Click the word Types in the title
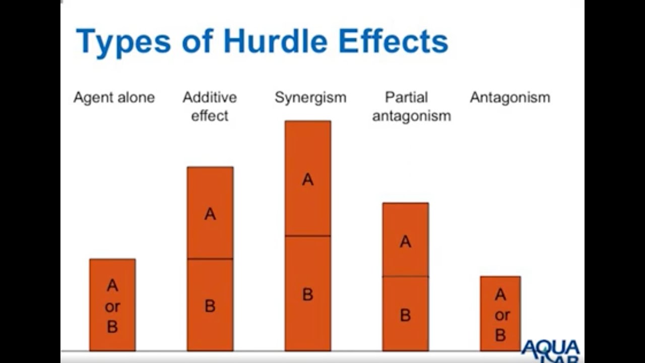pyautogui.click(x=123, y=42)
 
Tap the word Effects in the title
pyautogui.click(x=393, y=41)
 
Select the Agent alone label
pyautogui.click(x=114, y=97)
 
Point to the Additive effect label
pyautogui.click(x=210, y=106)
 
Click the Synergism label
pyautogui.click(x=310, y=97)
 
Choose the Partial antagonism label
pyautogui.click(x=411, y=106)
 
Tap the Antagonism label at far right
pyautogui.click(x=510, y=97)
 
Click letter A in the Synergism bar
pyautogui.click(x=308, y=179)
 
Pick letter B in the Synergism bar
pyautogui.click(x=308, y=294)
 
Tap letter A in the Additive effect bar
pyautogui.click(x=210, y=214)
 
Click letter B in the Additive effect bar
pyautogui.click(x=210, y=306)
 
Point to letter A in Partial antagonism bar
pyautogui.click(x=406, y=242)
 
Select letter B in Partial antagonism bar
pyautogui.click(x=406, y=315)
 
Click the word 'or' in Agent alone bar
pyautogui.click(x=112, y=307)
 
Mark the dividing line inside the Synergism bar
pyautogui.click(x=308, y=235)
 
